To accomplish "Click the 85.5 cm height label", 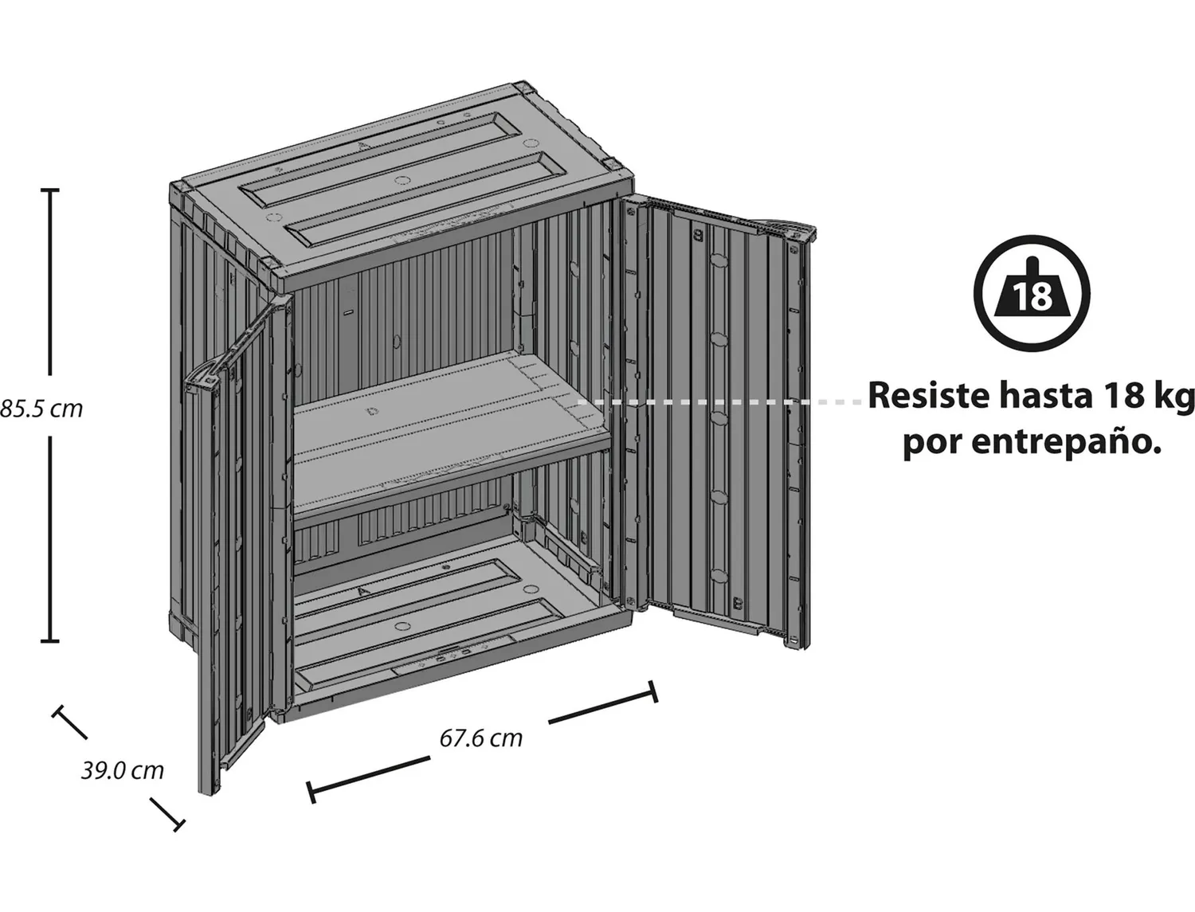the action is click(x=41, y=409).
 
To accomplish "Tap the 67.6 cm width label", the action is click(x=480, y=738).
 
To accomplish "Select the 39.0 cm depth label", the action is click(x=123, y=770).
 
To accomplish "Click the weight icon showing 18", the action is click(x=1032, y=293).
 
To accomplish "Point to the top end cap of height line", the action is click(x=50, y=190).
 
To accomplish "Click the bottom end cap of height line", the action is click(x=50, y=641).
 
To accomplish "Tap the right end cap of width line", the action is click(x=653, y=691).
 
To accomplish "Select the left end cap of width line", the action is click(x=311, y=793).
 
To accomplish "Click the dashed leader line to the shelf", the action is click(x=719, y=402).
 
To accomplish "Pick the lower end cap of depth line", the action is click(x=178, y=825).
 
